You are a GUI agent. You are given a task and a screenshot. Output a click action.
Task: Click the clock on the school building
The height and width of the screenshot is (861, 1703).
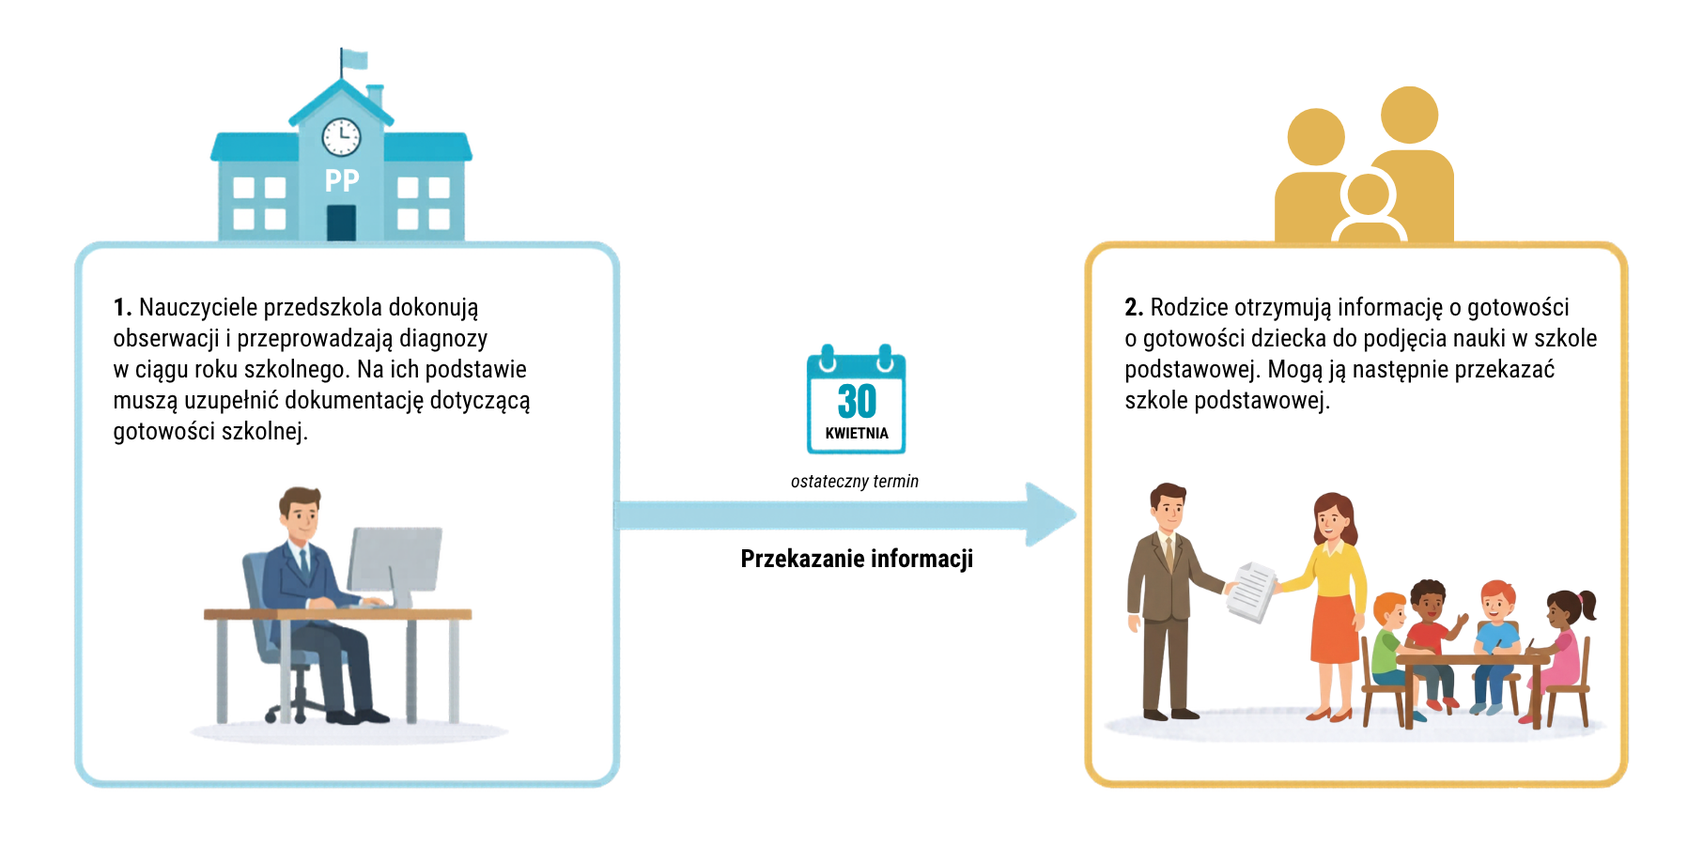pyautogui.click(x=341, y=137)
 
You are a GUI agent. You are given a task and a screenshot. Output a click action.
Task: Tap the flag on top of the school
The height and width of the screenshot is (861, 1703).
pyautogui.click(x=354, y=59)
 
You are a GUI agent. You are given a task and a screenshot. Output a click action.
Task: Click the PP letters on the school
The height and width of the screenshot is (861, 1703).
pyautogui.click(x=342, y=180)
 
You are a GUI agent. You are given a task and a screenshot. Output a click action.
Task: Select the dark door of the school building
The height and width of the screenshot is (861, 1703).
pyautogui.click(x=341, y=223)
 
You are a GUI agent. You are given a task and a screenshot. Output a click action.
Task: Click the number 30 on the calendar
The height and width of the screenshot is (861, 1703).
pyautogui.click(x=857, y=402)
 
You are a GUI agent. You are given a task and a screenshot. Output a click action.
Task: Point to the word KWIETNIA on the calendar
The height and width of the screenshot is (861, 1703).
pyautogui.click(x=857, y=434)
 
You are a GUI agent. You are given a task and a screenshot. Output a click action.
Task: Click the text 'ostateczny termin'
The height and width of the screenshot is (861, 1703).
pyautogui.click(x=855, y=482)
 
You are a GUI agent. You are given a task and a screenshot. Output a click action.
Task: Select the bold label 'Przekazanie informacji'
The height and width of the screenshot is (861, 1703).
pyautogui.click(x=857, y=559)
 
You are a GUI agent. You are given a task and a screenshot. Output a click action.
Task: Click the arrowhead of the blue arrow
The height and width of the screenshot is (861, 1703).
pyautogui.click(x=1050, y=515)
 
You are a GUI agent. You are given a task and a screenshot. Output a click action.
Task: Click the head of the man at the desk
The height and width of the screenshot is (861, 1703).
pyautogui.click(x=301, y=513)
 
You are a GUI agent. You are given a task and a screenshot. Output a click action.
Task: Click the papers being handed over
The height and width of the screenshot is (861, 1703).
pyautogui.click(x=1252, y=591)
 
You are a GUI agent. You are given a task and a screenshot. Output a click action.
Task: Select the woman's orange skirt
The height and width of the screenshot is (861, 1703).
pyautogui.click(x=1334, y=629)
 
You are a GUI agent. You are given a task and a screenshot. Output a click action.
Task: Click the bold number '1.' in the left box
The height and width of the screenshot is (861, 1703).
pyautogui.click(x=122, y=308)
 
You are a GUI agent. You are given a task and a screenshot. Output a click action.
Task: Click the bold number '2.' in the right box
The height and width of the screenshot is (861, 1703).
pyautogui.click(x=1134, y=308)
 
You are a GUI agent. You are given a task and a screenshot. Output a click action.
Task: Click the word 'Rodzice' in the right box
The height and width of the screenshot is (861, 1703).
pyautogui.click(x=1189, y=308)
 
